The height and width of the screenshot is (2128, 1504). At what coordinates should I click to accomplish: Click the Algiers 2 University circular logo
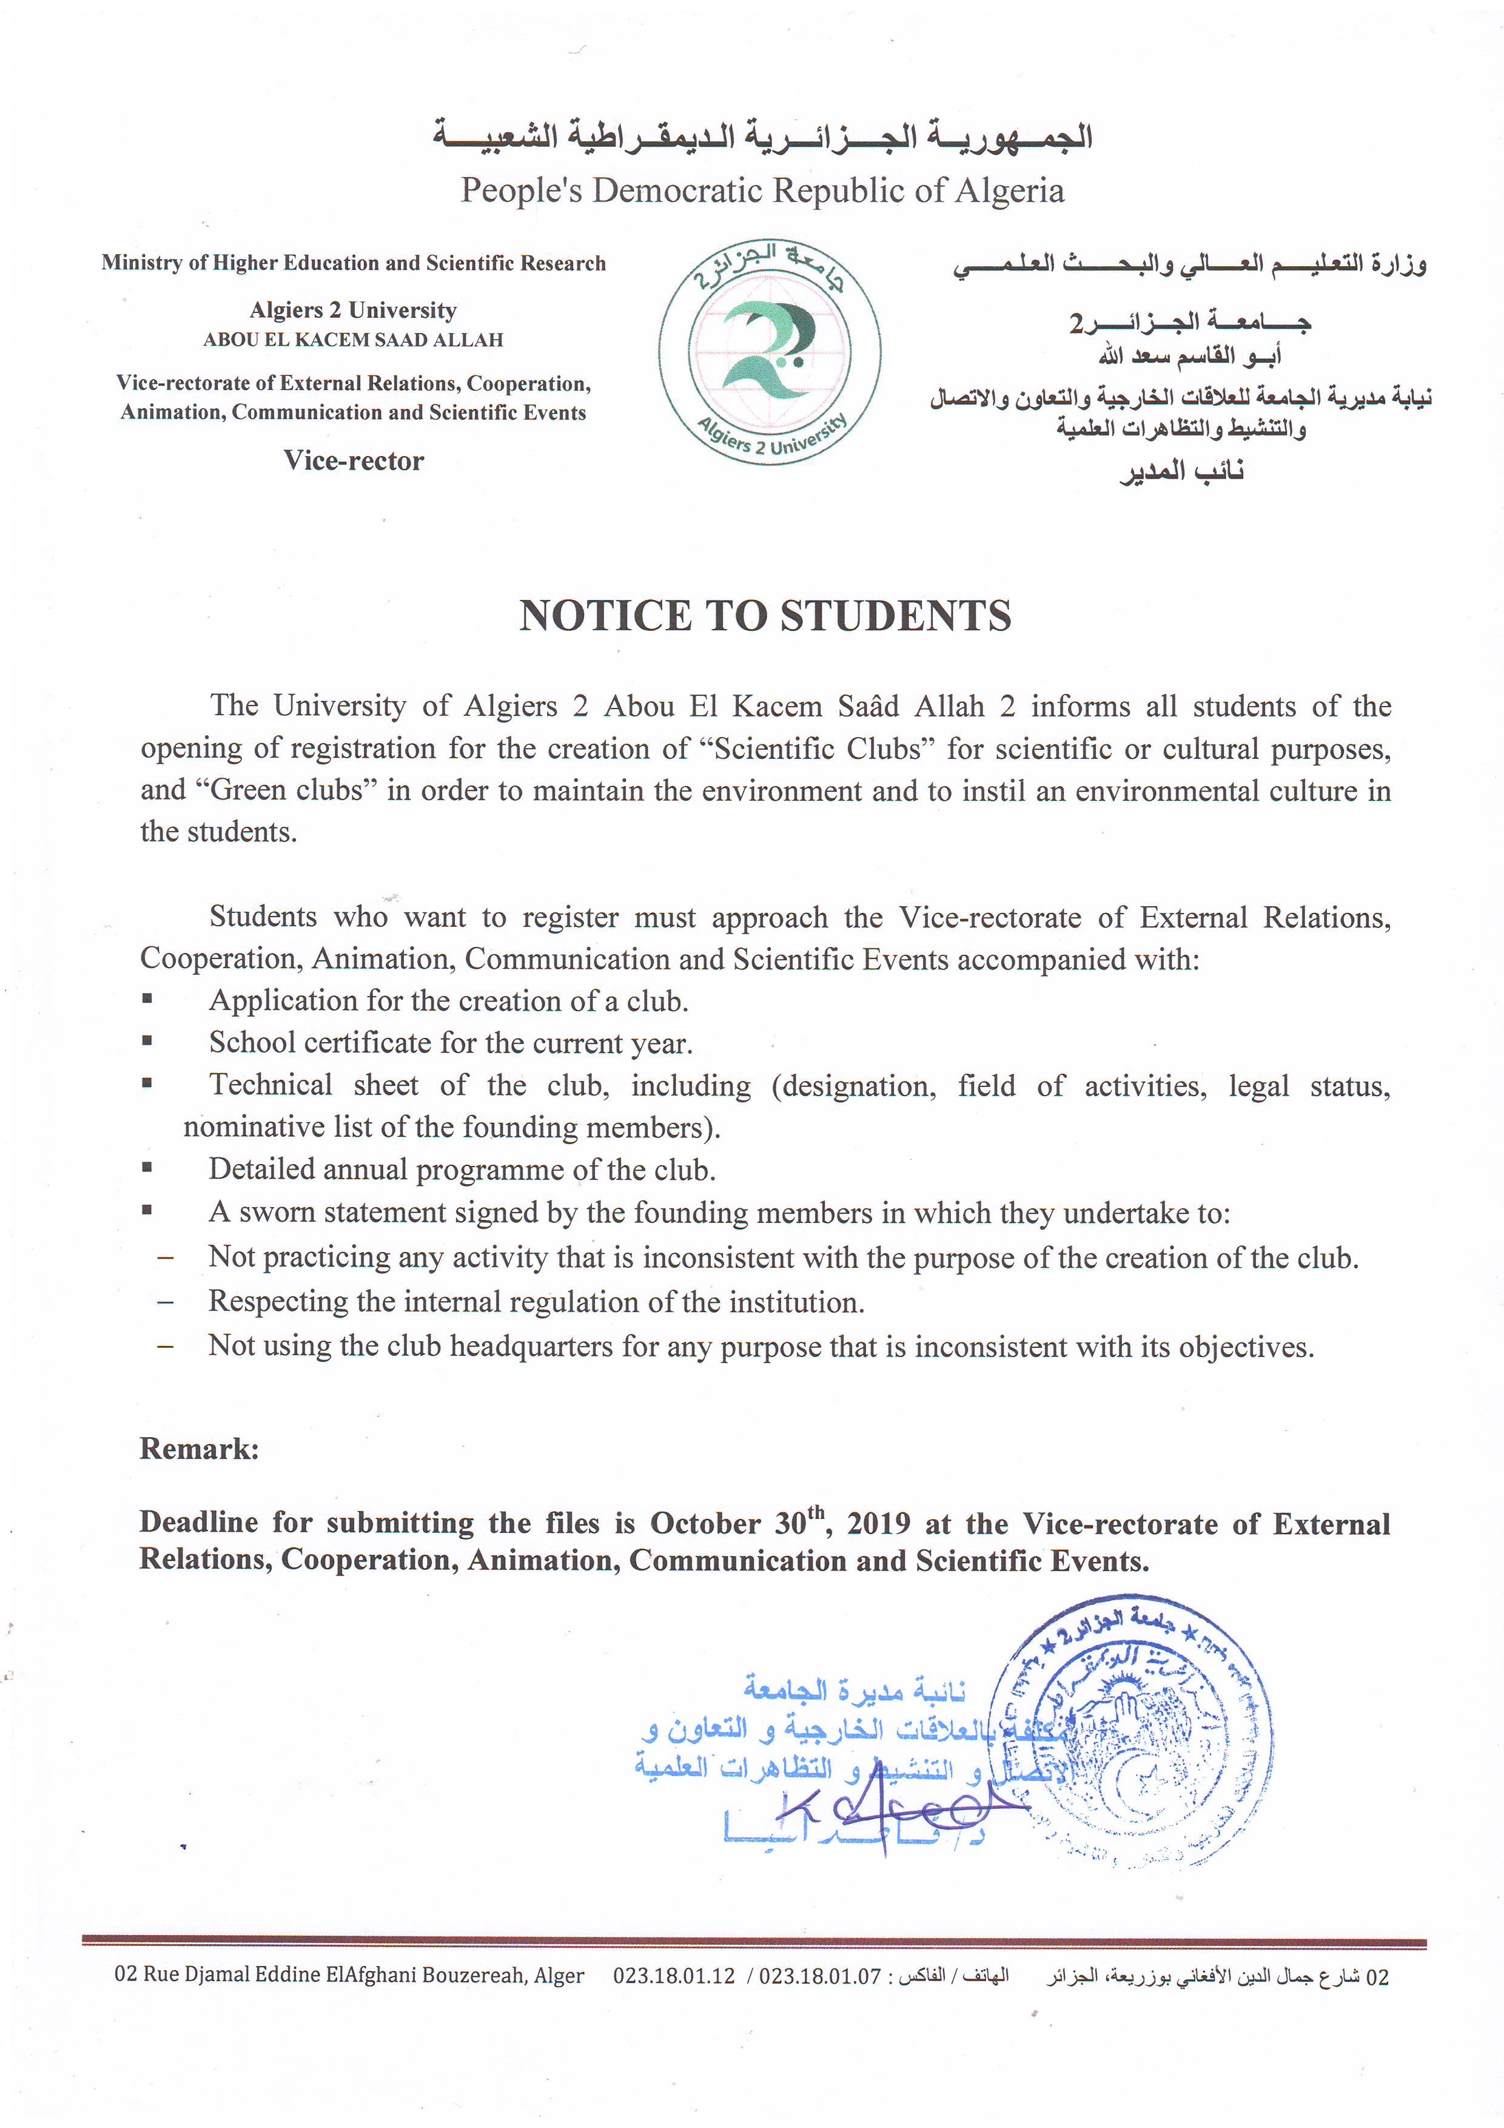pyautogui.click(x=769, y=353)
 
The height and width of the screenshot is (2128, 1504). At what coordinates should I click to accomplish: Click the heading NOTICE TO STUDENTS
pyautogui.click(x=765, y=616)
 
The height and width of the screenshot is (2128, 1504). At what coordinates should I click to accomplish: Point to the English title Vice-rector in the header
pyautogui.click(x=353, y=460)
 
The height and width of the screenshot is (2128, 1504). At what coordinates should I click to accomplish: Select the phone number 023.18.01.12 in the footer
pyautogui.click(x=674, y=1976)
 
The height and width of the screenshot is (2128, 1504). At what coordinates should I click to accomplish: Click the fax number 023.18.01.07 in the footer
pyautogui.click(x=820, y=1976)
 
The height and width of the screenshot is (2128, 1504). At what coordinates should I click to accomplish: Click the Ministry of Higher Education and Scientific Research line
pyautogui.click(x=353, y=263)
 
